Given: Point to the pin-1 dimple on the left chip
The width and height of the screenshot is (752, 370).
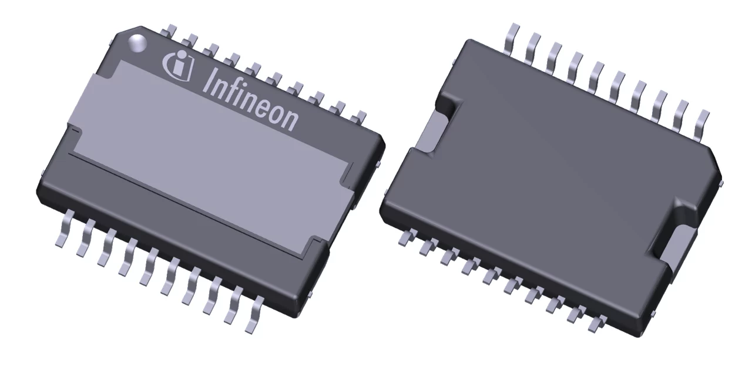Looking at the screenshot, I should [138, 42].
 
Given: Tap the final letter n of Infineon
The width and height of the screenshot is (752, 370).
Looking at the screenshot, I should [290, 120].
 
